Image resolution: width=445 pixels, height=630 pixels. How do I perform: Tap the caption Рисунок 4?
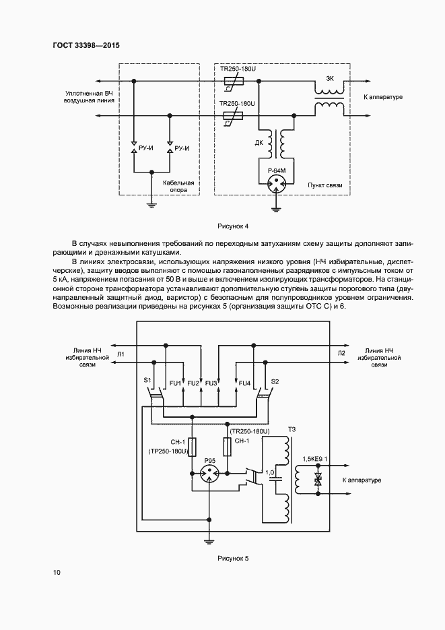click(233, 226)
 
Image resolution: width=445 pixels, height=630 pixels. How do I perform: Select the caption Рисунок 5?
click(233, 559)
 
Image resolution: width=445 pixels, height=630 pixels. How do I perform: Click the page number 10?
click(56, 573)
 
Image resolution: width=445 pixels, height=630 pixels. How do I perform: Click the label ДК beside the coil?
click(259, 143)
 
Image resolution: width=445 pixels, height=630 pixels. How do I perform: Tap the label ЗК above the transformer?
click(329, 79)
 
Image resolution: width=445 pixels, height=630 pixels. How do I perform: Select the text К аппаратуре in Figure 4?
click(382, 97)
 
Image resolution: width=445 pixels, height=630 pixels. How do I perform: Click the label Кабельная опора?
click(178, 186)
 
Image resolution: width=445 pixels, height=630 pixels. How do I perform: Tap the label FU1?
click(176, 383)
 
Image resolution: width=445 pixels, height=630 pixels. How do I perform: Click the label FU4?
click(244, 383)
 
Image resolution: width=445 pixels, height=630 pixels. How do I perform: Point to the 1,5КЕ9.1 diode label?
click(316, 459)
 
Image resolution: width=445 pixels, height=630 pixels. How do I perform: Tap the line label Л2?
click(341, 353)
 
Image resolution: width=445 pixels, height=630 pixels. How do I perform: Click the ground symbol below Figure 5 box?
click(209, 538)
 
